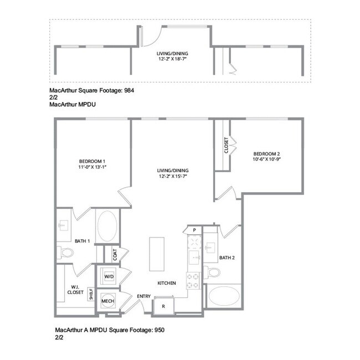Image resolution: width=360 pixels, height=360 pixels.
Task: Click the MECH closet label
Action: (107, 301)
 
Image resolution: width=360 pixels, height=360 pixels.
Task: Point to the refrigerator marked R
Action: (164, 306)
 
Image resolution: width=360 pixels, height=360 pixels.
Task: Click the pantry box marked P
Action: (194, 230)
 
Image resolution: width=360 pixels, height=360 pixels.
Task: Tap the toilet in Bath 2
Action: (213, 272)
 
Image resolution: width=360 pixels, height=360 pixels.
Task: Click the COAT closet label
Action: (115, 254)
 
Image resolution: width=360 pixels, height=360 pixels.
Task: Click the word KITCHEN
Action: (167, 283)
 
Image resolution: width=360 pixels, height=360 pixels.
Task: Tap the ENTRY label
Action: (144, 296)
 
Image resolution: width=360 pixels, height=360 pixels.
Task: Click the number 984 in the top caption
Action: (128, 89)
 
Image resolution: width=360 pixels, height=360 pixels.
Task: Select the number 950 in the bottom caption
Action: (158, 330)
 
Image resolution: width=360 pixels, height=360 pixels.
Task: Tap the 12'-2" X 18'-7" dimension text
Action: (172, 59)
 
